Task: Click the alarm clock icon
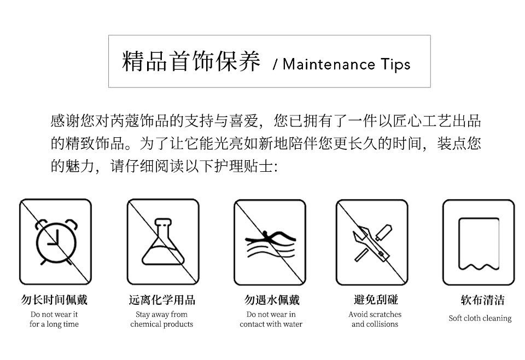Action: [56, 242]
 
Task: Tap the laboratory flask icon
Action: [163, 242]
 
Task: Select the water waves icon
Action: [271, 244]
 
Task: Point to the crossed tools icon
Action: [372, 243]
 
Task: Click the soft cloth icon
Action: [479, 243]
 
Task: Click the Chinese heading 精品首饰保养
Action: [191, 61]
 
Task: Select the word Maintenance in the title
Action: [329, 64]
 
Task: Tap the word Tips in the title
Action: [395, 65]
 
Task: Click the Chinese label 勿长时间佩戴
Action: [54, 299]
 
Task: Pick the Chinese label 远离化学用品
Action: [162, 299]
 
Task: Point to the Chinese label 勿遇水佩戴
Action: [272, 299]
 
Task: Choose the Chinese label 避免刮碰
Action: [376, 299]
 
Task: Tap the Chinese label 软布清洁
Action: [482, 299]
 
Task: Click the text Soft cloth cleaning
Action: [480, 318]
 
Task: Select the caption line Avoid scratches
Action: [375, 314]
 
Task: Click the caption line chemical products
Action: [162, 324]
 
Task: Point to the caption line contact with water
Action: [271, 324]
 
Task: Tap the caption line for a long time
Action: [54, 324]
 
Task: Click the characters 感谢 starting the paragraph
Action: [65, 121]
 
